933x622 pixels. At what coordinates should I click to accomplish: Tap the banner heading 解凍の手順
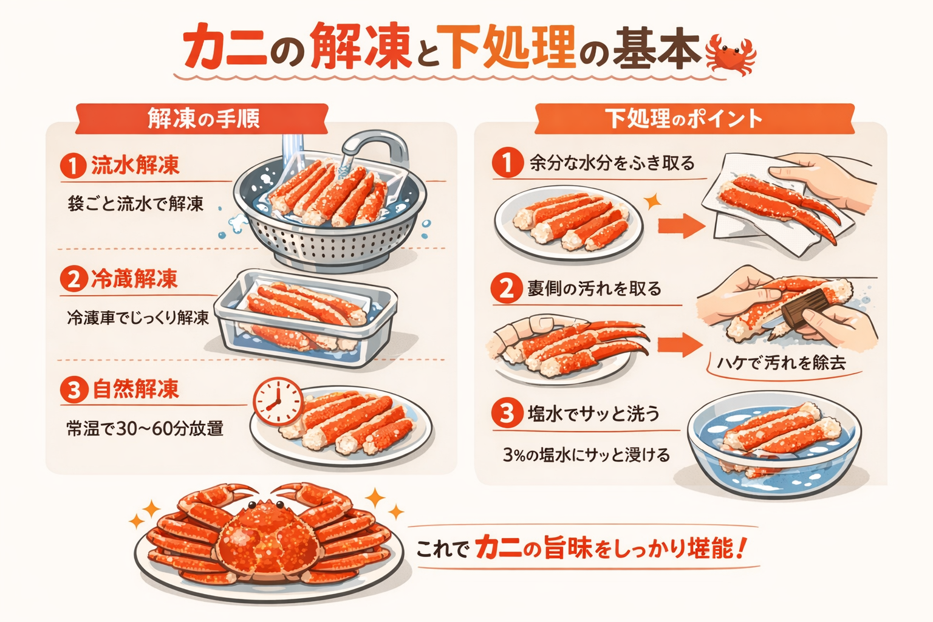[x=203, y=118]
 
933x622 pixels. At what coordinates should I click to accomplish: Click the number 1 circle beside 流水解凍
[x=73, y=166]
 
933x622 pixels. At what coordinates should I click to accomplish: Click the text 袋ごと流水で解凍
[x=135, y=203]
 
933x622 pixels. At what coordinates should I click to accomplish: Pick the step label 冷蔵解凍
[x=134, y=279]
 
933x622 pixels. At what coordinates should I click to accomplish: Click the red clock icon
[x=277, y=402]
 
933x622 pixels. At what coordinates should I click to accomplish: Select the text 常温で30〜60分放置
[x=145, y=429]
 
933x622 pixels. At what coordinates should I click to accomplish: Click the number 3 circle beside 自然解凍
[x=73, y=389]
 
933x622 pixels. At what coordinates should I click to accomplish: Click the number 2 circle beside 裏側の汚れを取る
[x=507, y=289]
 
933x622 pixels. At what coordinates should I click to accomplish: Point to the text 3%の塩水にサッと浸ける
[x=586, y=454]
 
